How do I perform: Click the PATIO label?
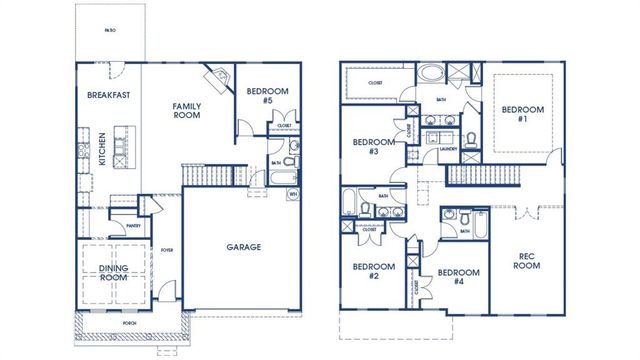(x=110, y=30)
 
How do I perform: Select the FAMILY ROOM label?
(x=186, y=110)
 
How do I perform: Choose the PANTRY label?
(x=133, y=226)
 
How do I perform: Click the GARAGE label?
(x=243, y=246)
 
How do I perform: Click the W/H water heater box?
(x=293, y=193)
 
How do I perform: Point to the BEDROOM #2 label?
(x=374, y=272)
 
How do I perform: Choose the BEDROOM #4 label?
(x=459, y=277)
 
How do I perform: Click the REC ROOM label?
(x=527, y=261)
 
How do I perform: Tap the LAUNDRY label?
(x=448, y=149)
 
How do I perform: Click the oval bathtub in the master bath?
(x=434, y=74)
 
